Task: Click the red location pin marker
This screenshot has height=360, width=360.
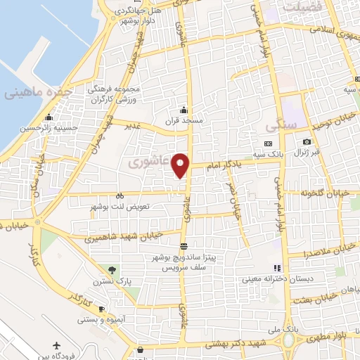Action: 181,164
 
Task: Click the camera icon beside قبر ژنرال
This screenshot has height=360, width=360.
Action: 307,143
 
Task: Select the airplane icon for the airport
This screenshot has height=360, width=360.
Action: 57,345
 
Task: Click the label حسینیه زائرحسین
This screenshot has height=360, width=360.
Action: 43,128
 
